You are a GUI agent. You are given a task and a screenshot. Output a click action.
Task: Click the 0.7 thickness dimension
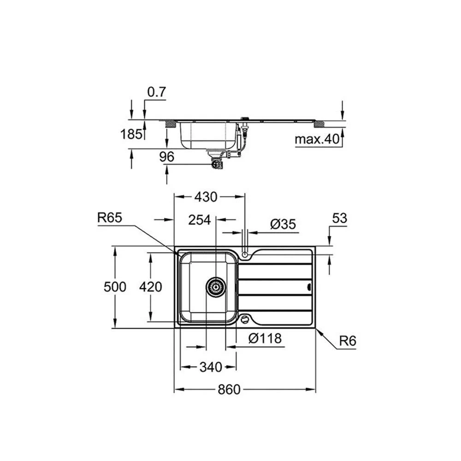[157, 92]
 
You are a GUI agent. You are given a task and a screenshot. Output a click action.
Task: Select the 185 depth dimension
[131, 134]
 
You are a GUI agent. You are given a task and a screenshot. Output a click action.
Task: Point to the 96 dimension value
[167, 157]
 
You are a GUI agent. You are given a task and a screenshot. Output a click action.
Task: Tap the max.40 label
[317, 139]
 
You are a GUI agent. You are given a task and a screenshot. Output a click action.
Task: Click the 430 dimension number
[206, 197]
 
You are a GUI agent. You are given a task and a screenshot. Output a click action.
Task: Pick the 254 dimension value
[200, 220]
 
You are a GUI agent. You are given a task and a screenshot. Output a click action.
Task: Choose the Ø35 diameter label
[283, 225]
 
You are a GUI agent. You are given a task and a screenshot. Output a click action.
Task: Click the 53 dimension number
[340, 218]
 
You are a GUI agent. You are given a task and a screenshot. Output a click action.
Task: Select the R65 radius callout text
[110, 218]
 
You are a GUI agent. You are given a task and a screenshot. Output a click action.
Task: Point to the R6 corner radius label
[348, 341]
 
